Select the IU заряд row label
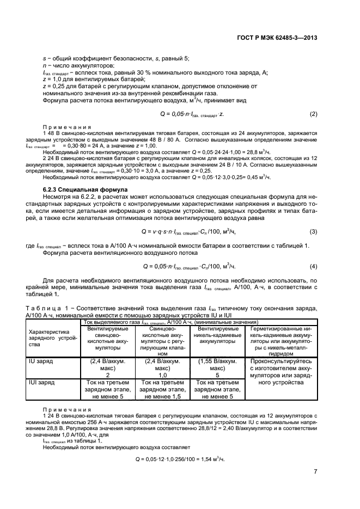[41, 360]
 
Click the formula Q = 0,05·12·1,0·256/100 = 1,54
[180, 459]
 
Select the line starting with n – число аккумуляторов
[81, 65]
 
